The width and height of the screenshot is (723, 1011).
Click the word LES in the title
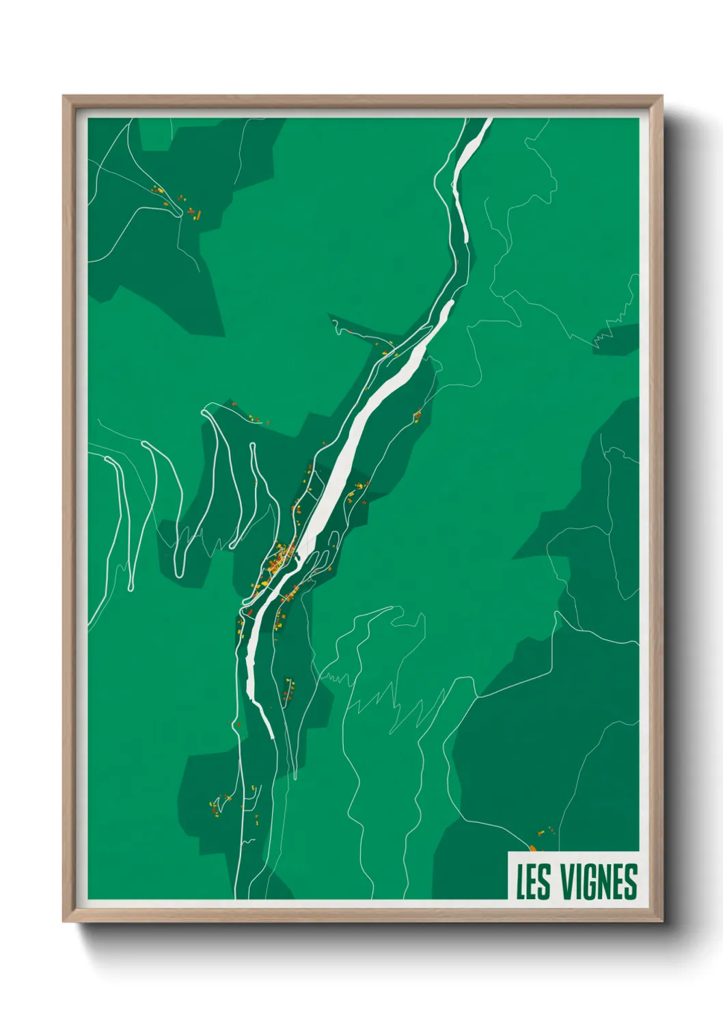click(533, 882)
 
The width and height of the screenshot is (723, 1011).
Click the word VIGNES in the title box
click(599, 882)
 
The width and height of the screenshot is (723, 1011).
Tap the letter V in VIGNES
click(568, 882)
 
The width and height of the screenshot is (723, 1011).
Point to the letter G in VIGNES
click(590, 882)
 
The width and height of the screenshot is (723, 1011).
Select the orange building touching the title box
click(532, 848)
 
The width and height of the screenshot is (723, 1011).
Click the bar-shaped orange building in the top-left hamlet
click(198, 215)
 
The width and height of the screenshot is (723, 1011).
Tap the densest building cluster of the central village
click(279, 560)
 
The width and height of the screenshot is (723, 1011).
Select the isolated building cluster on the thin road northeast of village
click(417, 415)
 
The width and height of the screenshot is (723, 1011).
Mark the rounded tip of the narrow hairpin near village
click(254, 446)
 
